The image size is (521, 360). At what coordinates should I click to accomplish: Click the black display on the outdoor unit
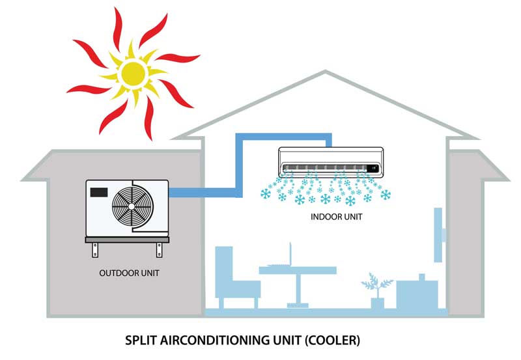100,193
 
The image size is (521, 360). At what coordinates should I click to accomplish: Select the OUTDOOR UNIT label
129,273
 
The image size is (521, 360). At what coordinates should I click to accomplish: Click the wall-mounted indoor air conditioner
331,161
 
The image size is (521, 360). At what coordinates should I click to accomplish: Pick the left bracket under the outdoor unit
97,250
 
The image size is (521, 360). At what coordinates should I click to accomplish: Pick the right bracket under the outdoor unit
159,250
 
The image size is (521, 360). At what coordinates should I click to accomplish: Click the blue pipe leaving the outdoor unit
202,192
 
